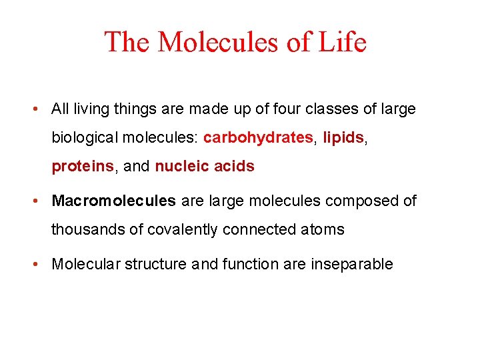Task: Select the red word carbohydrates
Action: click(x=258, y=138)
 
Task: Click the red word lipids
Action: click(x=343, y=138)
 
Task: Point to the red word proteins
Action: click(x=83, y=167)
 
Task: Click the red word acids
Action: click(x=233, y=167)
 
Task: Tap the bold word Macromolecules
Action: click(x=114, y=201)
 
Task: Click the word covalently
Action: click(x=180, y=230)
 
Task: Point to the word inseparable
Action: click(x=351, y=264)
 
